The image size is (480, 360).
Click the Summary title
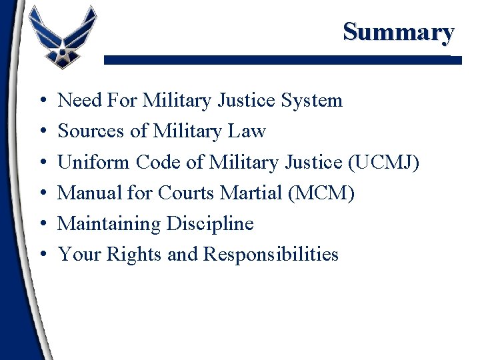click(x=399, y=31)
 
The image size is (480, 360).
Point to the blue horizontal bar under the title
click(x=280, y=60)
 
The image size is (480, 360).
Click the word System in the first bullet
click(x=311, y=101)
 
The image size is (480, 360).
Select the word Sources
click(x=92, y=131)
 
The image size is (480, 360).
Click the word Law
click(x=247, y=131)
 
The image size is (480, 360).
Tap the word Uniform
click(x=94, y=162)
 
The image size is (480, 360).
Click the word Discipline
click(x=211, y=223)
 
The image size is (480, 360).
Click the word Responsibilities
click(x=271, y=254)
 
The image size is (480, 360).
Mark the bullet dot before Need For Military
click(x=42, y=101)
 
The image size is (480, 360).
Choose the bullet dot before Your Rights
click(x=42, y=255)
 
